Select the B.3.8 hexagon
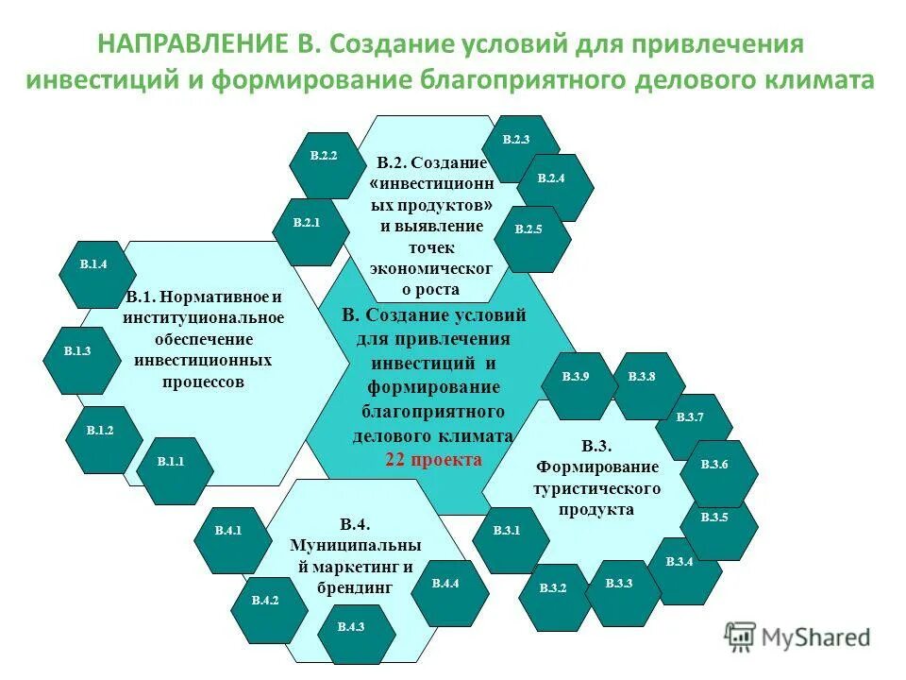[x=646, y=378]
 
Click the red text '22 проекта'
[x=433, y=460]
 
